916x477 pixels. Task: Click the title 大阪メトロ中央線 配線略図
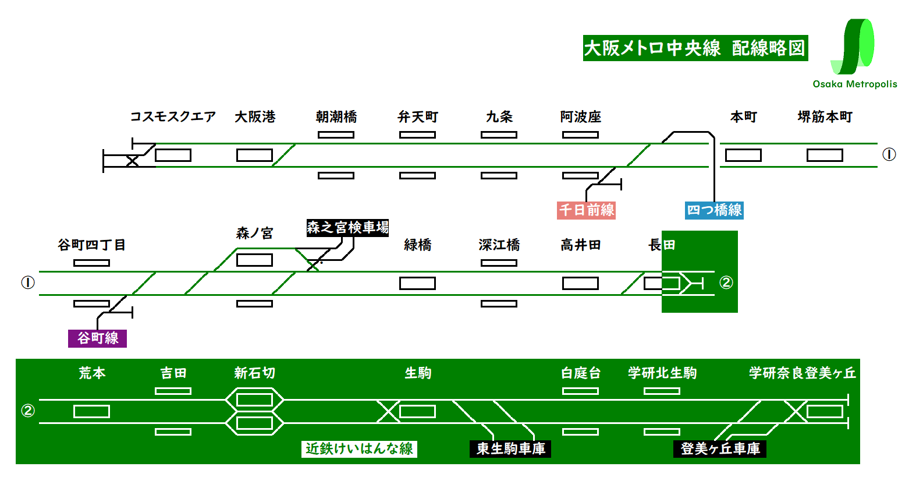pyautogui.click(x=695, y=48)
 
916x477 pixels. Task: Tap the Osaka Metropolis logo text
pyautogui.click(x=854, y=84)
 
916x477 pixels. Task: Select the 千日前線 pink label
pyautogui.click(x=586, y=210)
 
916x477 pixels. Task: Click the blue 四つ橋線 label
pyautogui.click(x=714, y=210)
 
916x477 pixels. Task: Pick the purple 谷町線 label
pyautogui.click(x=97, y=338)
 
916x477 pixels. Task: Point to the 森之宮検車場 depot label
pyautogui.click(x=347, y=227)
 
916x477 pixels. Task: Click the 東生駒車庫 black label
pyautogui.click(x=510, y=448)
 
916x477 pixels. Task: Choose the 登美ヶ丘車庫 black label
pyautogui.click(x=720, y=448)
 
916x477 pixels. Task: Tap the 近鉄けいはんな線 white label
pyautogui.click(x=359, y=448)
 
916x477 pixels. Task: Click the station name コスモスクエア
pyautogui.click(x=173, y=116)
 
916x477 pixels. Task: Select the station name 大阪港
pyautogui.click(x=255, y=116)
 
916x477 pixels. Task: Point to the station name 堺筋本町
pyautogui.click(x=825, y=116)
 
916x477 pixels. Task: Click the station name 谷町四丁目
pyautogui.click(x=91, y=245)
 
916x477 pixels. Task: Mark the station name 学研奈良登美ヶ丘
pyautogui.click(x=802, y=373)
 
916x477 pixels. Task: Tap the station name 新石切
pyautogui.click(x=254, y=373)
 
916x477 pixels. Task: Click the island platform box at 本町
pyautogui.click(x=743, y=155)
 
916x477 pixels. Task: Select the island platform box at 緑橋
pyautogui.click(x=417, y=283)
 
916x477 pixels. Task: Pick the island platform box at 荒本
pyautogui.click(x=91, y=411)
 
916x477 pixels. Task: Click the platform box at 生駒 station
pyautogui.click(x=417, y=411)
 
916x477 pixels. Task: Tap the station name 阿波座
pyautogui.click(x=580, y=116)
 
